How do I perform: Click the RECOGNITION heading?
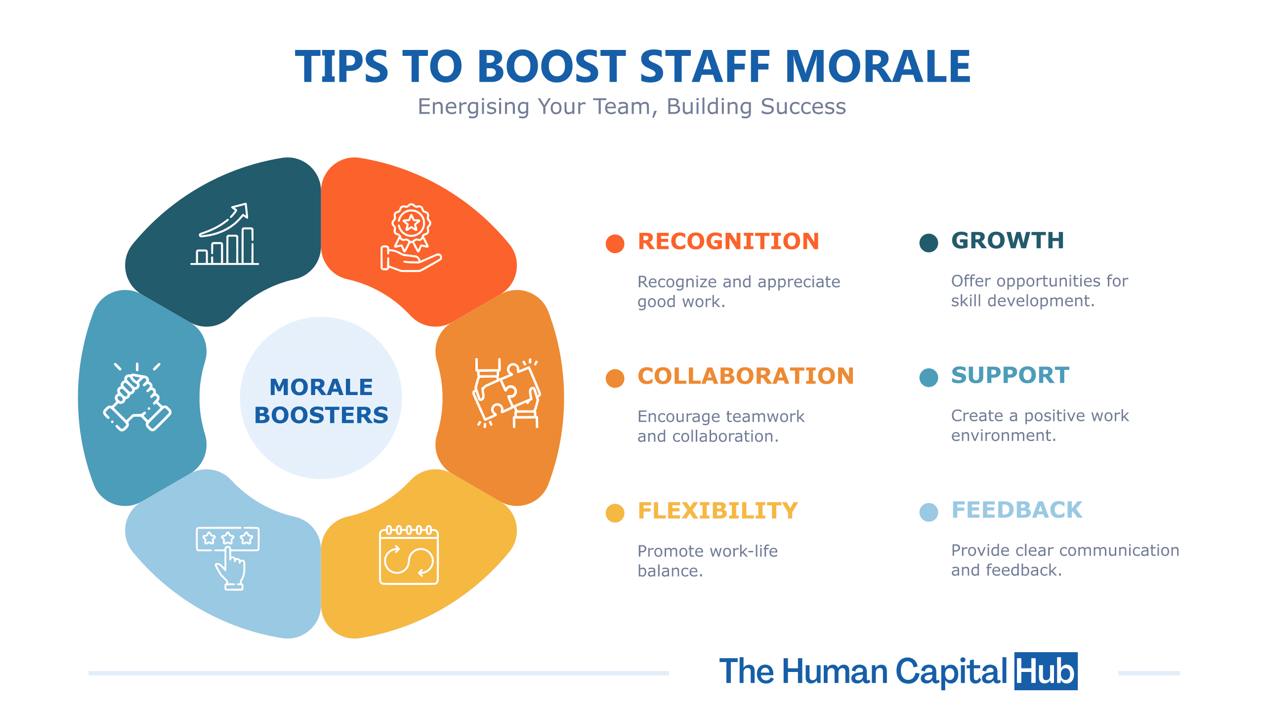(x=728, y=242)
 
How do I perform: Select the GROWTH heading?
(x=1008, y=241)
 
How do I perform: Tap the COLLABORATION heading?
(x=746, y=376)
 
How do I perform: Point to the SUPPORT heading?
(x=1011, y=375)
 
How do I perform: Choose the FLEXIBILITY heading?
(x=717, y=511)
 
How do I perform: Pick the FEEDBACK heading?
(x=1017, y=510)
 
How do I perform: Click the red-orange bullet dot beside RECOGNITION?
(x=615, y=243)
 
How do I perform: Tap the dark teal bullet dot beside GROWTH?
(x=929, y=243)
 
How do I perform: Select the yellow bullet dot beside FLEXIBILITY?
(x=615, y=513)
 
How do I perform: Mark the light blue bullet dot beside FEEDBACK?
(x=929, y=512)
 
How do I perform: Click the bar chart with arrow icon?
(x=225, y=234)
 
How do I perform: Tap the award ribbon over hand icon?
(x=411, y=238)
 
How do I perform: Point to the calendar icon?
(x=409, y=555)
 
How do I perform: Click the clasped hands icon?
(x=137, y=397)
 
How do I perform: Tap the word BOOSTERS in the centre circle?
(x=321, y=415)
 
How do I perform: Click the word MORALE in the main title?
(x=878, y=66)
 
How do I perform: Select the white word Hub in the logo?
(x=1046, y=671)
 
